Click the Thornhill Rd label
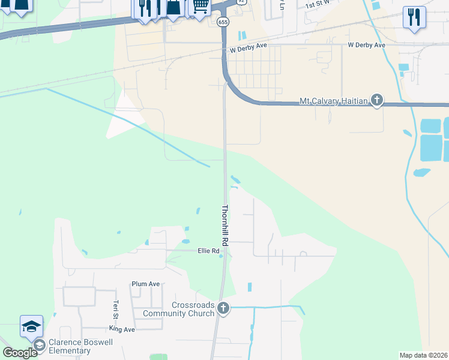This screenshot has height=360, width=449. (226, 226)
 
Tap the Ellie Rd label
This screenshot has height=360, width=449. (208, 251)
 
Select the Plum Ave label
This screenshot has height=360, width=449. (146, 284)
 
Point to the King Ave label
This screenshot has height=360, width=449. (122, 329)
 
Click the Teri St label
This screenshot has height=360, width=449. (115, 311)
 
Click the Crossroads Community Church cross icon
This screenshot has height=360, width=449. (223, 308)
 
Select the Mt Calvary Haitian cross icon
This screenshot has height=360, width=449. (376, 100)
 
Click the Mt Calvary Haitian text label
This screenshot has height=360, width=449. (333, 101)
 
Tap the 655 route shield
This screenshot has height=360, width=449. (223, 22)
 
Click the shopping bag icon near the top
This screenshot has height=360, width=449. (173, 7)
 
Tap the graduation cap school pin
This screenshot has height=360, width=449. (31, 326)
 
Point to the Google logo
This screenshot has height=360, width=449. (19, 353)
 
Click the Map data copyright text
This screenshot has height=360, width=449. (424, 355)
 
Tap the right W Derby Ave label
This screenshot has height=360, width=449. (367, 45)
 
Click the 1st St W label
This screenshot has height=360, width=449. (319, 5)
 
